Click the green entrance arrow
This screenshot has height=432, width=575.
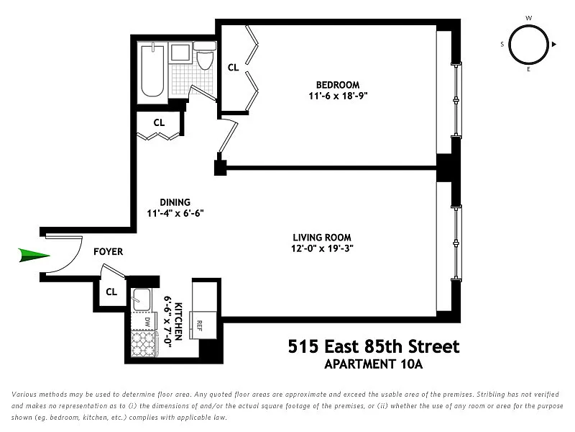click(x=34, y=256)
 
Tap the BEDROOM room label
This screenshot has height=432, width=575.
click(x=338, y=85)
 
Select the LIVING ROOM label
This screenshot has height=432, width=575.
click(x=322, y=238)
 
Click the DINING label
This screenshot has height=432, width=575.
click(x=175, y=202)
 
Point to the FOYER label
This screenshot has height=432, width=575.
click(x=109, y=251)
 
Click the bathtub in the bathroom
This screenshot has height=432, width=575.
click(x=152, y=70)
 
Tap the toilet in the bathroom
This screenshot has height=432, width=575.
click(x=205, y=56)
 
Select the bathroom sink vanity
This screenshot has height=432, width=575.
click(x=180, y=52)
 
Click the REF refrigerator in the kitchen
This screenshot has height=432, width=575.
click(x=203, y=325)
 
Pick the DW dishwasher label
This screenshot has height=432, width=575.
click(x=147, y=322)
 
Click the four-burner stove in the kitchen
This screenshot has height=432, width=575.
click(x=144, y=343)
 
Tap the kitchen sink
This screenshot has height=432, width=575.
click(x=142, y=300)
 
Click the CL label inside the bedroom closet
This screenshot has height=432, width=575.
click(x=233, y=68)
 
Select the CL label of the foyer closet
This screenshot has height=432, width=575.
click(x=111, y=292)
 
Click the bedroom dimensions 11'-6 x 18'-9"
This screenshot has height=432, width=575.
click(x=338, y=96)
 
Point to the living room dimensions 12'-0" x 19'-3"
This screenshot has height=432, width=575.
click(x=322, y=248)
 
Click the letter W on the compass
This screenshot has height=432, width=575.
click(x=528, y=18)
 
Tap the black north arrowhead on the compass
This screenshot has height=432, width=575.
click(x=554, y=44)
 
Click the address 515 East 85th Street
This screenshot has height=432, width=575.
click(x=374, y=346)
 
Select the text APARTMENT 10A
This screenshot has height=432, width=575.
click(x=374, y=364)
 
